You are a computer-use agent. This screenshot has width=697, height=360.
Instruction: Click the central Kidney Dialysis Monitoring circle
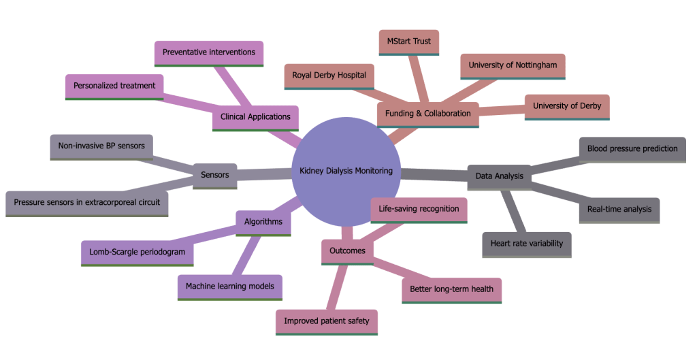[346, 171]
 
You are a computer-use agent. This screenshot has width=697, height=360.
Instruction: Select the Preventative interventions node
[209, 52]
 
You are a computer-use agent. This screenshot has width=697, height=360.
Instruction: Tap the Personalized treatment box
[114, 86]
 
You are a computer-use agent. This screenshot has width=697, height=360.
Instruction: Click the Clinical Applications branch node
[255, 116]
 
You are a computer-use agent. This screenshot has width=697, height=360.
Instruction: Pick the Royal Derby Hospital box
[329, 75]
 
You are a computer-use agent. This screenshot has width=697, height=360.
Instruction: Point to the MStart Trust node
[409, 42]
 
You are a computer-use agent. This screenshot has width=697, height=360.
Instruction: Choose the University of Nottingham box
[513, 65]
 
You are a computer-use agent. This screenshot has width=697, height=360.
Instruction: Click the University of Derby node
[566, 105]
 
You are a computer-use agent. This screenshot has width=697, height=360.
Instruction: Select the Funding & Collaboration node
[427, 113]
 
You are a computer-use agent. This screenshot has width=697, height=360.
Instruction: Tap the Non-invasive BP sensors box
[101, 146]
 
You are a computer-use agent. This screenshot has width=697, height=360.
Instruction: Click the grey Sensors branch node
[215, 175]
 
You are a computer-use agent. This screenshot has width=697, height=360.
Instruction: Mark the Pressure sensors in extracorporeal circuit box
[86, 203]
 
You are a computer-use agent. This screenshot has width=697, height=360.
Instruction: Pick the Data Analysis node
[500, 176]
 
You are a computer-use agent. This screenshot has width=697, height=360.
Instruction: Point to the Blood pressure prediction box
[632, 148]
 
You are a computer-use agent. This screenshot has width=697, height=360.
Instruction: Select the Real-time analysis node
[619, 210]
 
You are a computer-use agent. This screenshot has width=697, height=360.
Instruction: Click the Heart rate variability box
[526, 243]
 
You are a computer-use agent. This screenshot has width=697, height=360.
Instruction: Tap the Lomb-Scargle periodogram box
[137, 252]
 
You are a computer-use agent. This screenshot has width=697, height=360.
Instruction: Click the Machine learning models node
[229, 287]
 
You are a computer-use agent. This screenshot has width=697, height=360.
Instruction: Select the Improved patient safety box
[327, 321]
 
